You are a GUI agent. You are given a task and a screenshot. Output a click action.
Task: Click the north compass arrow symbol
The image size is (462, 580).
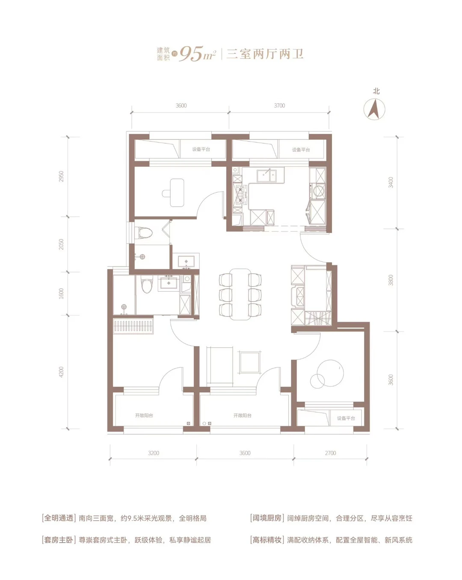374,109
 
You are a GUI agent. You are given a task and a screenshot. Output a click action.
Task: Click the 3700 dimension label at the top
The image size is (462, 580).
279,106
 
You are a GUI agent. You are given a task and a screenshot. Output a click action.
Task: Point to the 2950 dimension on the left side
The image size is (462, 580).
62,176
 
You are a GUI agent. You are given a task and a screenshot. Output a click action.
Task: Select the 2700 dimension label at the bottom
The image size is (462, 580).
331,453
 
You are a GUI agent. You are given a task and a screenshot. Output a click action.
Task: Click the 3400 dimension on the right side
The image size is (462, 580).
391,183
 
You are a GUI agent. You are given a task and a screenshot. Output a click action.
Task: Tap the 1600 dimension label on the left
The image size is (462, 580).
62,293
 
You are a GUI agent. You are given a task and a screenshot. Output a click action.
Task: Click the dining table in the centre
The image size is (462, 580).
240,294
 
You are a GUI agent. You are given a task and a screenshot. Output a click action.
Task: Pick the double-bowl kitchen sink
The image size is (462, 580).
267,176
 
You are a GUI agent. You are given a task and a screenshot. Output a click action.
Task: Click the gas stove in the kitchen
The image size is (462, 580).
240,195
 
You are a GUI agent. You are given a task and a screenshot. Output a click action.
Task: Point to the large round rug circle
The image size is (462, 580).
330,373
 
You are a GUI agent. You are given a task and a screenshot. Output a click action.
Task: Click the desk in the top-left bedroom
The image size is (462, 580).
177,192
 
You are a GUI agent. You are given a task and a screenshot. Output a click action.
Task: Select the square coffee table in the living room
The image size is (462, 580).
250,362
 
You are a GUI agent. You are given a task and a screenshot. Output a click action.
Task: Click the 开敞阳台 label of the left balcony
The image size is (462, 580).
144,415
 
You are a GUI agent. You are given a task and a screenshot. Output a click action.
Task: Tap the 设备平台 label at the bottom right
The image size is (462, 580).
346,418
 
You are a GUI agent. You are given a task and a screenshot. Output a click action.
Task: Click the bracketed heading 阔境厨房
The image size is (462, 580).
266,518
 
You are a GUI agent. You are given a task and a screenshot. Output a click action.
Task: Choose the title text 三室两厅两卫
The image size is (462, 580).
265,54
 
